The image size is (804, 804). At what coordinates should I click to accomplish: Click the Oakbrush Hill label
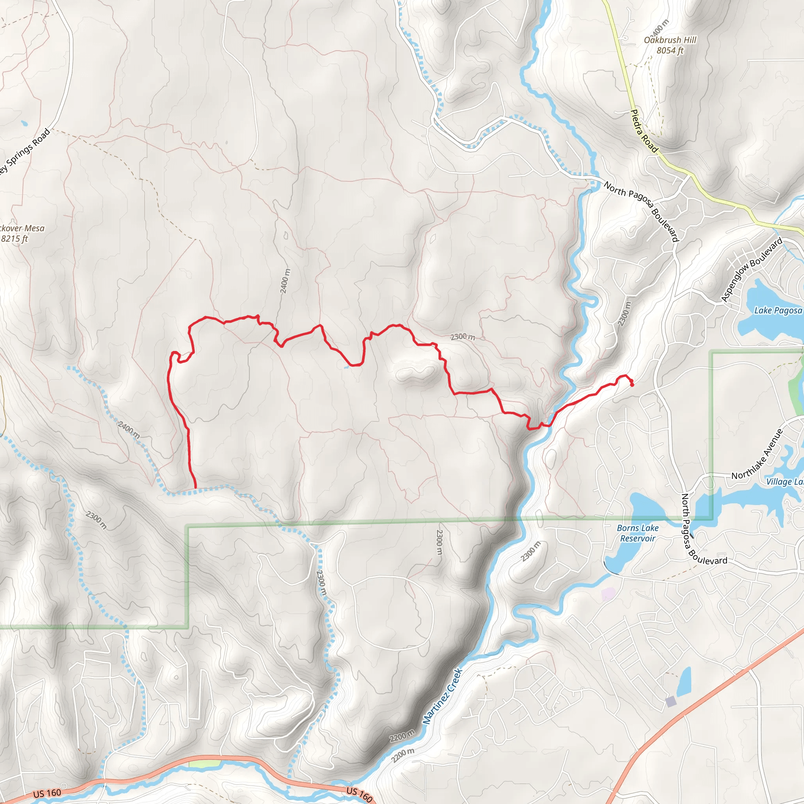(670, 40)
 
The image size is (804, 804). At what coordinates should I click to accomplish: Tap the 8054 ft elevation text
(670, 50)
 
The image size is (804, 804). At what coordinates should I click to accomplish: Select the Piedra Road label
(644, 131)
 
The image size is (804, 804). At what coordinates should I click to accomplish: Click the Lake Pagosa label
(778, 311)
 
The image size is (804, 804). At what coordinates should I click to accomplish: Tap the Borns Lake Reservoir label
(638, 533)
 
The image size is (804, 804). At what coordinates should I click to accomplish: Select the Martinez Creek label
(443, 696)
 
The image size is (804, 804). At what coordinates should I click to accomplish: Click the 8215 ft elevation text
(15, 239)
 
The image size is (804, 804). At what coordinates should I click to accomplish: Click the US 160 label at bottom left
(47, 793)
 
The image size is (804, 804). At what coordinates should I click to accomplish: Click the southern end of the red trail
(195, 487)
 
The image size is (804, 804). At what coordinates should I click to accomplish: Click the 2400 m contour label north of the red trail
(285, 281)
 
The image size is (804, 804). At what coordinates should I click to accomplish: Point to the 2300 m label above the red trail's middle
(462, 337)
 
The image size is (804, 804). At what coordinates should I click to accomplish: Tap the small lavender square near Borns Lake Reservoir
(608, 594)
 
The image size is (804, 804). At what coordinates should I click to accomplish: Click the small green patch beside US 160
(204, 764)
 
